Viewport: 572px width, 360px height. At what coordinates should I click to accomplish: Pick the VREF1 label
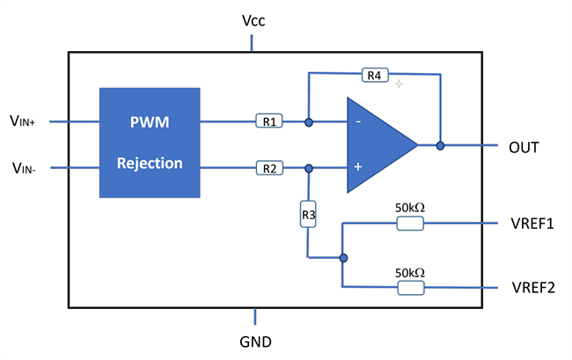point(532,224)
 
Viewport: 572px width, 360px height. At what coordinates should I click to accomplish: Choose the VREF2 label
point(532,288)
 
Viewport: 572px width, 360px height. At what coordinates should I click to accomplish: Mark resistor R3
point(308,214)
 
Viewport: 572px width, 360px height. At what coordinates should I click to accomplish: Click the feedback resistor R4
point(374,76)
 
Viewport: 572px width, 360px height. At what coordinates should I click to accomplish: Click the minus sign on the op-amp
point(358,121)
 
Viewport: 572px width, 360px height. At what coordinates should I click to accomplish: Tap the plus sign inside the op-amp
point(358,165)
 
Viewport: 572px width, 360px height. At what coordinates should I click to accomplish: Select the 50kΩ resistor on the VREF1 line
point(410,224)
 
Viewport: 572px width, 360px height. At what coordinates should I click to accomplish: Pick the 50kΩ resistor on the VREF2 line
point(410,288)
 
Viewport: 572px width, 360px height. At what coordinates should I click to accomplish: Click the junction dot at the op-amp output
point(439,145)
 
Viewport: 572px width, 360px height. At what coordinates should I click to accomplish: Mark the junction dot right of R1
point(308,121)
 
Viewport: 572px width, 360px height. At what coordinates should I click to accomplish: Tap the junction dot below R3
point(343,258)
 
